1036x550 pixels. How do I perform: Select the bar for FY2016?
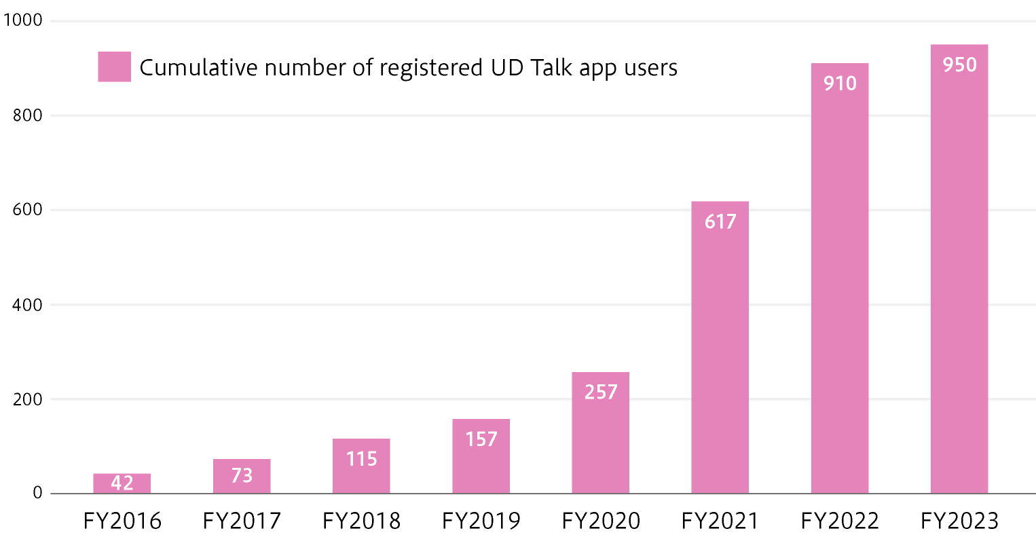point(122,483)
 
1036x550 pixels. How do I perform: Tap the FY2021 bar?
point(720,353)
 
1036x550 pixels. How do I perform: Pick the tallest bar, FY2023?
point(959,272)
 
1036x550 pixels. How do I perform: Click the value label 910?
point(840,84)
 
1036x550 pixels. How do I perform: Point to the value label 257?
point(601,392)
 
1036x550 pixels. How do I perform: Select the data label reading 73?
point(242,475)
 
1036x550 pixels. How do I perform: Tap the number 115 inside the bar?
point(361,459)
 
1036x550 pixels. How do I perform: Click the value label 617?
point(720,222)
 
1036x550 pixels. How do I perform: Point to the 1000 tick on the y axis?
point(23,20)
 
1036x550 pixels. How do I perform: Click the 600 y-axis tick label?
point(28,210)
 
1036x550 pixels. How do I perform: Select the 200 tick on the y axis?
point(28,400)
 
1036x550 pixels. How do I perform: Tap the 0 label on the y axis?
point(37,494)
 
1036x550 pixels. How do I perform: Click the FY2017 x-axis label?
point(242,521)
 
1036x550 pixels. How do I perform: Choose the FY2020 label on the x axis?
point(601,521)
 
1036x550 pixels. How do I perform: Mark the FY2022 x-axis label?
point(840,521)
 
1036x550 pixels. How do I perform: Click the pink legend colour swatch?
point(114,67)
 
